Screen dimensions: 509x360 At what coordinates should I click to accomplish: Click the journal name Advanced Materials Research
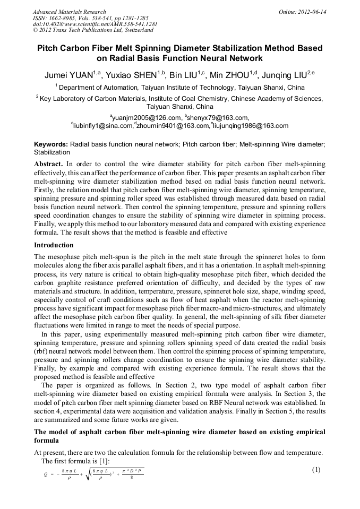point(69,12)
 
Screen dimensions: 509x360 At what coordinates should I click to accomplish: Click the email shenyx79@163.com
point(218,117)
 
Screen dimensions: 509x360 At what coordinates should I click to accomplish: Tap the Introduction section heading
point(54,245)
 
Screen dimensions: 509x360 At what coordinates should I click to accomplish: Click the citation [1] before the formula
point(103,461)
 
